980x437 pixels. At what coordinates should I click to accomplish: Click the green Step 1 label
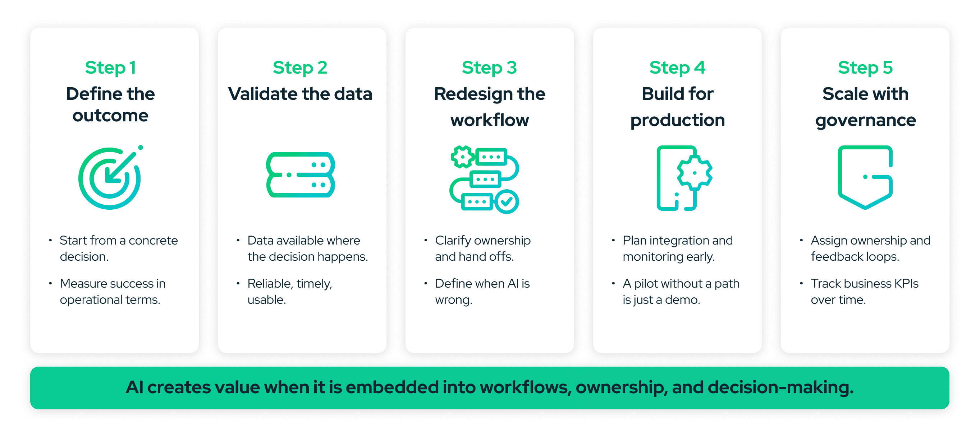tap(110, 68)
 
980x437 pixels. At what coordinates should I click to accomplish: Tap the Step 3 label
tap(489, 68)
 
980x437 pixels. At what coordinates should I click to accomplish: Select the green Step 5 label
tap(865, 68)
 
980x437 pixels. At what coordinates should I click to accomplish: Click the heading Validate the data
tap(300, 94)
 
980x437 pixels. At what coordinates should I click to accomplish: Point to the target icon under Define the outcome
tap(110, 178)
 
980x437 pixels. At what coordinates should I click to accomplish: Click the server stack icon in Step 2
tap(300, 175)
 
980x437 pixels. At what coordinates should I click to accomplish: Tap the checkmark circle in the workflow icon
tap(507, 202)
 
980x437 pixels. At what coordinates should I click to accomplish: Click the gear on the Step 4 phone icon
tap(694, 173)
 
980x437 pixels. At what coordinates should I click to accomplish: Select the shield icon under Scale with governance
tap(865, 177)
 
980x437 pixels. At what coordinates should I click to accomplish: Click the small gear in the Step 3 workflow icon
tap(462, 157)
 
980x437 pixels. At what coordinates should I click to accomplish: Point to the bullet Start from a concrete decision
tap(118, 248)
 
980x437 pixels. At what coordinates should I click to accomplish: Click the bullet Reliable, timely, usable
tap(289, 292)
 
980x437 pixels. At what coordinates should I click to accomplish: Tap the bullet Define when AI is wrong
tap(482, 292)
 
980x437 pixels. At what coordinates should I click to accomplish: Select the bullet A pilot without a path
tap(681, 292)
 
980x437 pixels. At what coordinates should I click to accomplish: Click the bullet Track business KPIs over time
tap(864, 292)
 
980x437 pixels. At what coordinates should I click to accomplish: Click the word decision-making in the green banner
tap(780, 387)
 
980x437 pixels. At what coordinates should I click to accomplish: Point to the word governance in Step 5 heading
tap(865, 120)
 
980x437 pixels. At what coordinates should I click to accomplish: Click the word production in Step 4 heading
tap(677, 120)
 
